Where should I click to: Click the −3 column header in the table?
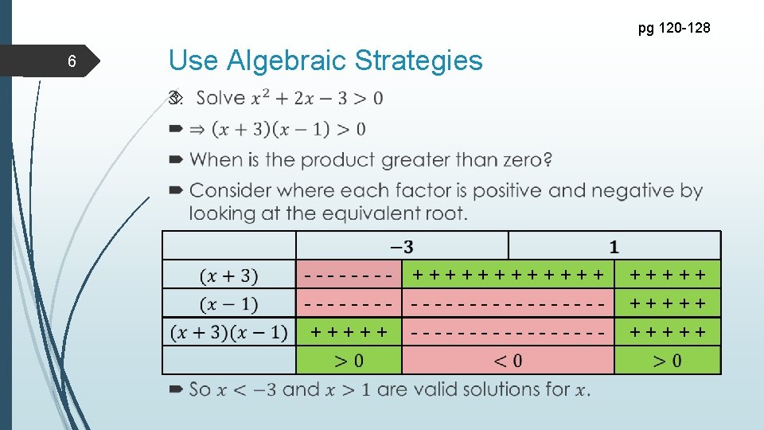point(401,246)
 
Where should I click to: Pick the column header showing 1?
point(614,246)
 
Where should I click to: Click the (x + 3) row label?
point(229,276)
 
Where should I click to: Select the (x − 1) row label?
point(229,304)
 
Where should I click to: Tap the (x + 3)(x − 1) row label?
point(229,332)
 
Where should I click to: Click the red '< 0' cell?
point(508,361)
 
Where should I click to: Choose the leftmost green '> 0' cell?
point(349,361)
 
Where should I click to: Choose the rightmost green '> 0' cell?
point(667,361)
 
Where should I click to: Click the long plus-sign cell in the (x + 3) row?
point(508,276)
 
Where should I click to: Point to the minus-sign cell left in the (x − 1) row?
point(349,304)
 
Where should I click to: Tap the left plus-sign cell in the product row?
point(349,332)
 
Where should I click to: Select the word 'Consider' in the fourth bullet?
point(226,191)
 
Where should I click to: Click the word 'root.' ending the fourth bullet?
point(446,213)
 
